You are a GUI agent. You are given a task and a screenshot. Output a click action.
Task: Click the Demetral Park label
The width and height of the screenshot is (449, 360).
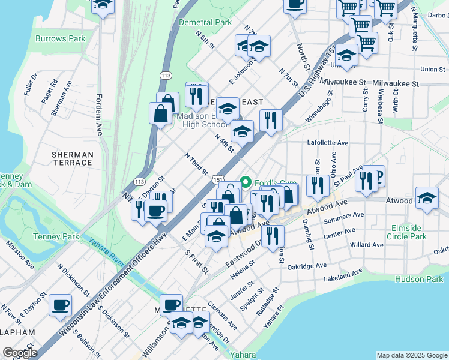pyautogui.click(x=205, y=22)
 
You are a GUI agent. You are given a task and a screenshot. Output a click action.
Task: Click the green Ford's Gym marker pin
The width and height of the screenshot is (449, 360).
pyautogui.click(x=245, y=182)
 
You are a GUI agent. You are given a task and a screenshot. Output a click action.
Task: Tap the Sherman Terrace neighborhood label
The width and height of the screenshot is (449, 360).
pyautogui.click(x=73, y=158)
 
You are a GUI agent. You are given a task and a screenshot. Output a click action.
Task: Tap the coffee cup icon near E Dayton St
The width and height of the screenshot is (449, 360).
pyautogui.click(x=60, y=305)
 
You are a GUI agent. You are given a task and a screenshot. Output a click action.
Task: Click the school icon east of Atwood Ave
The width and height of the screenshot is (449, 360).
pyautogui.click(x=427, y=199)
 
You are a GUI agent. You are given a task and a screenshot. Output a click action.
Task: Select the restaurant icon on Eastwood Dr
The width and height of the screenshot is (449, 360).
pyautogui.click(x=273, y=236)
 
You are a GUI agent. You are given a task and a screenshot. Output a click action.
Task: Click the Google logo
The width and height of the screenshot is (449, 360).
pyautogui.click(x=20, y=353)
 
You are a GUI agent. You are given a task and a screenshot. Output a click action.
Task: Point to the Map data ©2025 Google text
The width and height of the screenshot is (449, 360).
pyautogui.click(x=411, y=355)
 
